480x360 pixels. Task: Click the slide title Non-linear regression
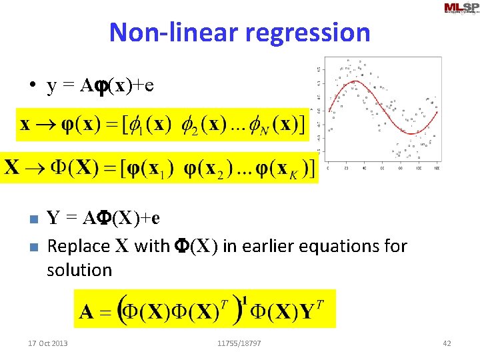pyautogui.click(x=239, y=31)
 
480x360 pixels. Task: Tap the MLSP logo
pyautogui.click(x=460, y=8)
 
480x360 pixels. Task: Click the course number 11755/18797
pyautogui.click(x=239, y=343)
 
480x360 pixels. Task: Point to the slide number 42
pyautogui.click(x=447, y=343)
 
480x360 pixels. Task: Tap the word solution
pyautogui.click(x=79, y=270)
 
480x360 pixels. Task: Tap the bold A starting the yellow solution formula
pyautogui.click(x=86, y=311)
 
